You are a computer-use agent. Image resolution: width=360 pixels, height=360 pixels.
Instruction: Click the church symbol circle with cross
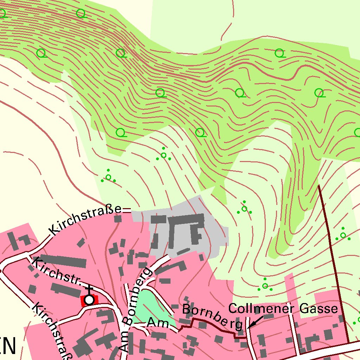(x=90, y=300)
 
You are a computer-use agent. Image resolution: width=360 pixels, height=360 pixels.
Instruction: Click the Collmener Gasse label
(x=283, y=309)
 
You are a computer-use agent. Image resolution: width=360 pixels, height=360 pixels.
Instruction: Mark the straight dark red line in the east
(x=333, y=264)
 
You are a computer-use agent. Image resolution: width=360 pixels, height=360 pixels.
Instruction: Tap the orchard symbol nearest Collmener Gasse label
(x=265, y=285)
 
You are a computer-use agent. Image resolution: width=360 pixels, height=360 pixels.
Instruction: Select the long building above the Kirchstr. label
(x=63, y=261)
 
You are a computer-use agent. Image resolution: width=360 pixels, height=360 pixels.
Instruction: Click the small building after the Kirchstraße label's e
(x=118, y=219)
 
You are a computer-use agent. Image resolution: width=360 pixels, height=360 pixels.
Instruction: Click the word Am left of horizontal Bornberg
(x=156, y=322)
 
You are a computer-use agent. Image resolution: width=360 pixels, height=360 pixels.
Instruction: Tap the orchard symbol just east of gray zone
(x=244, y=208)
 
